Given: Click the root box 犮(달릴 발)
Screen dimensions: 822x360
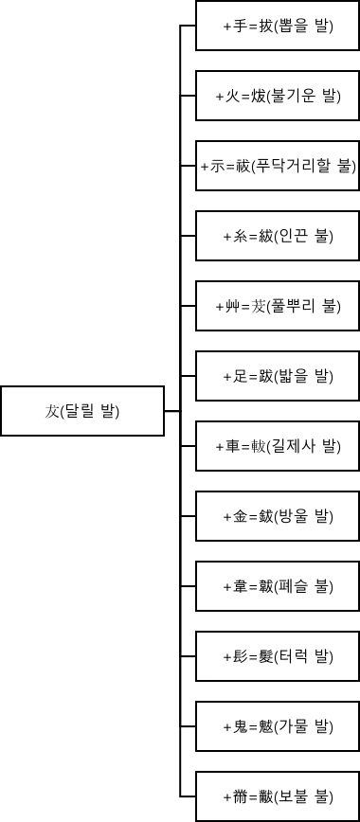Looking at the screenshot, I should click(x=82, y=411).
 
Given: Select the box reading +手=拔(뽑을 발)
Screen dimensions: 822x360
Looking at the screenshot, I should click(x=277, y=27).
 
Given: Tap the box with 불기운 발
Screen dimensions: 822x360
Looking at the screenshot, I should click(x=277, y=96).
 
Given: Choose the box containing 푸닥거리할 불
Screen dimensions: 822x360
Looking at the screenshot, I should click(x=277, y=166).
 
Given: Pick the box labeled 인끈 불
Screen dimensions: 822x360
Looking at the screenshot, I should click(x=277, y=236).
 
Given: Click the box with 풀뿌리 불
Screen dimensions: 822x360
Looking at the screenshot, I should click(x=277, y=306).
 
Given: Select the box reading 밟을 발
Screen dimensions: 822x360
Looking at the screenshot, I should click(x=277, y=376).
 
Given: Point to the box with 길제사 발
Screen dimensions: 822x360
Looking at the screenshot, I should click(x=277, y=446).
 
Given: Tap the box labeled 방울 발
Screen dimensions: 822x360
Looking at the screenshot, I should click(x=277, y=516).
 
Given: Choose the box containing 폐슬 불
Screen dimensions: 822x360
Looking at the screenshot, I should click(x=277, y=586).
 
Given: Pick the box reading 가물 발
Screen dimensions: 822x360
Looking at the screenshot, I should click(x=277, y=726).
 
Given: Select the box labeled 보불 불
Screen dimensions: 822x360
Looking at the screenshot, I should click(x=277, y=796).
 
